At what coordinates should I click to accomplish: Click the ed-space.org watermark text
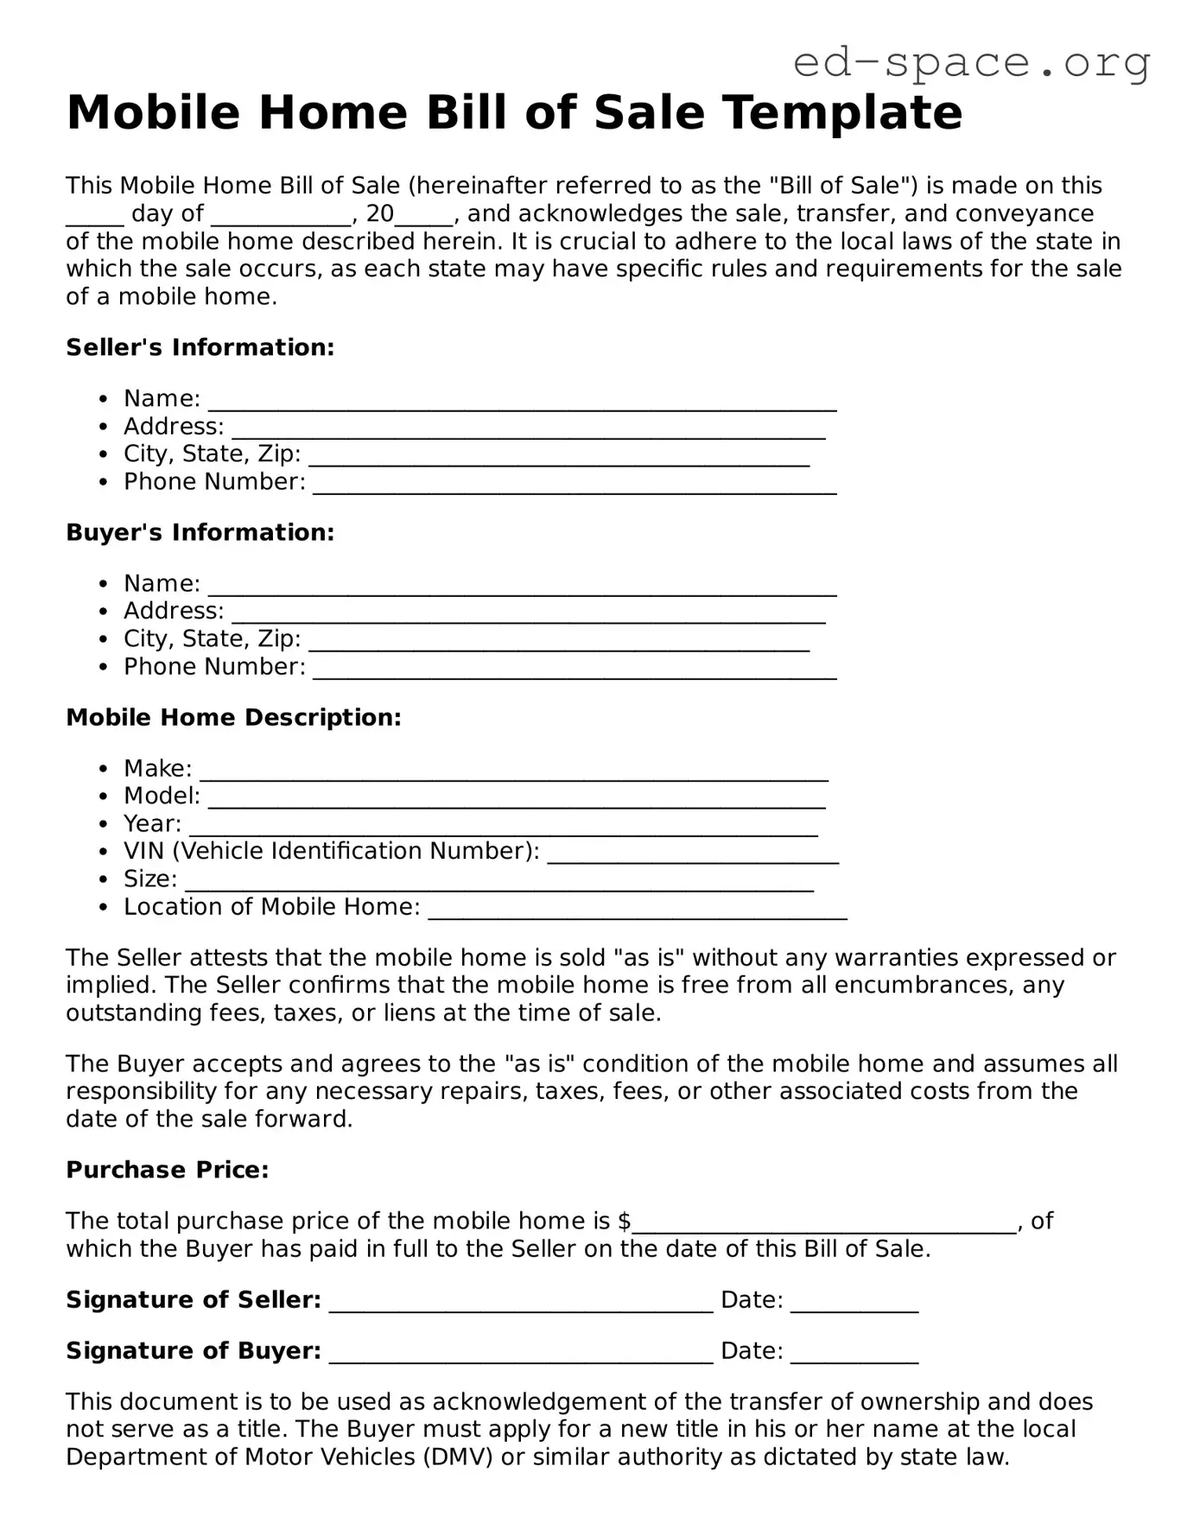click(x=971, y=62)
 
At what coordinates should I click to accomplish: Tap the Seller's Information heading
click(x=200, y=347)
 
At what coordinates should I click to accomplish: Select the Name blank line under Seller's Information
click(x=522, y=403)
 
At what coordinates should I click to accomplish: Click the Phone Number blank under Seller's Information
click(x=574, y=486)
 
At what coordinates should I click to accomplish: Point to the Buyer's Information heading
click(x=200, y=532)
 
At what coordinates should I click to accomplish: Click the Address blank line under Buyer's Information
click(x=528, y=615)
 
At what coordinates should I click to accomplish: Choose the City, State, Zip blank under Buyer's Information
click(x=559, y=644)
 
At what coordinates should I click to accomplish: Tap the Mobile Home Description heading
click(x=233, y=717)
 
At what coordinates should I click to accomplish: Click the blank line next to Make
click(x=513, y=773)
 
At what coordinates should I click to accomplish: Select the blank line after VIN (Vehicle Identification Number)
click(x=693, y=856)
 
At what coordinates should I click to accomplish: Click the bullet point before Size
click(x=104, y=880)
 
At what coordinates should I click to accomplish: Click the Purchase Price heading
click(x=168, y=1170)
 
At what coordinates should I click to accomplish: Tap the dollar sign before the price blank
click(x=625, y=1221)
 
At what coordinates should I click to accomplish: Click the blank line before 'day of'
click(x=95, y=219)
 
